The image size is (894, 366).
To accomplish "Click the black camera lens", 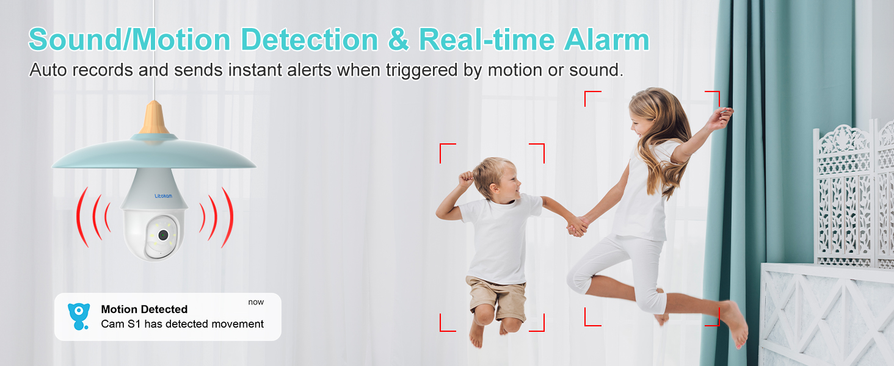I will coord(163,235).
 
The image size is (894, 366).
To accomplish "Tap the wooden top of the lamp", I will coord(154,118).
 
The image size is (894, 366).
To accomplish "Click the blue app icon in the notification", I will coord(78,316).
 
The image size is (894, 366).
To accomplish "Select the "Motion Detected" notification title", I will coord(144,309).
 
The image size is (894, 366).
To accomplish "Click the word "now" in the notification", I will coord(256,302).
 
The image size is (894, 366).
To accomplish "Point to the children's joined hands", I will coord(576,226).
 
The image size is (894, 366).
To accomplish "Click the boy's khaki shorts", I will coord(495,297).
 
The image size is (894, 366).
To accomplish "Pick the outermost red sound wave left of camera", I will coord(81,217).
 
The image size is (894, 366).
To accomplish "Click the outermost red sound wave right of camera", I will coord(228,217).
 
